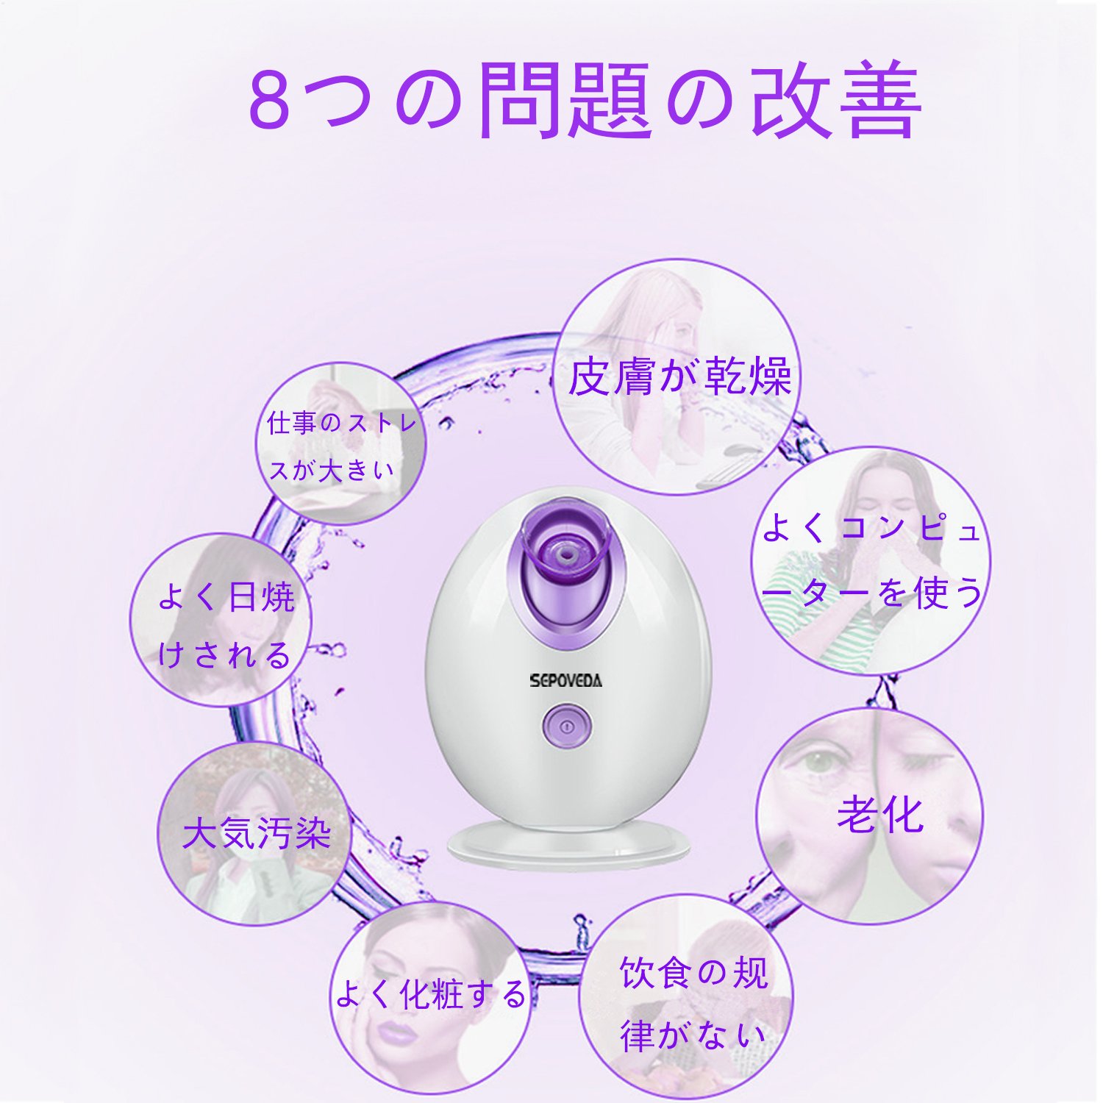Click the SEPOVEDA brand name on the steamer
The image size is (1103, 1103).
click(565, 680)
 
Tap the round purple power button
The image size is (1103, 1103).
click(566, 726)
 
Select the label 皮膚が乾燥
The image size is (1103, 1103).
click(679, 376)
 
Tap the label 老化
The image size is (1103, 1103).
click(880, 815)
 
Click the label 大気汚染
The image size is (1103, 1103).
click(257, 833)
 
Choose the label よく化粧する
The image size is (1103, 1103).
click(431, 994)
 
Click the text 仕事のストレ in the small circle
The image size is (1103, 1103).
click(342, 422)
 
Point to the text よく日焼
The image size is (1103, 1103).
click(226, 596)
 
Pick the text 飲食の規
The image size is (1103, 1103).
click(693, 973)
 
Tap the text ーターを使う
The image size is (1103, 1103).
click(871, 592)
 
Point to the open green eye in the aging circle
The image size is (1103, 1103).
click(813, 762)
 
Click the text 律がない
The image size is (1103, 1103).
click(692, 1035)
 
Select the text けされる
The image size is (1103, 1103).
click(225, 654)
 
